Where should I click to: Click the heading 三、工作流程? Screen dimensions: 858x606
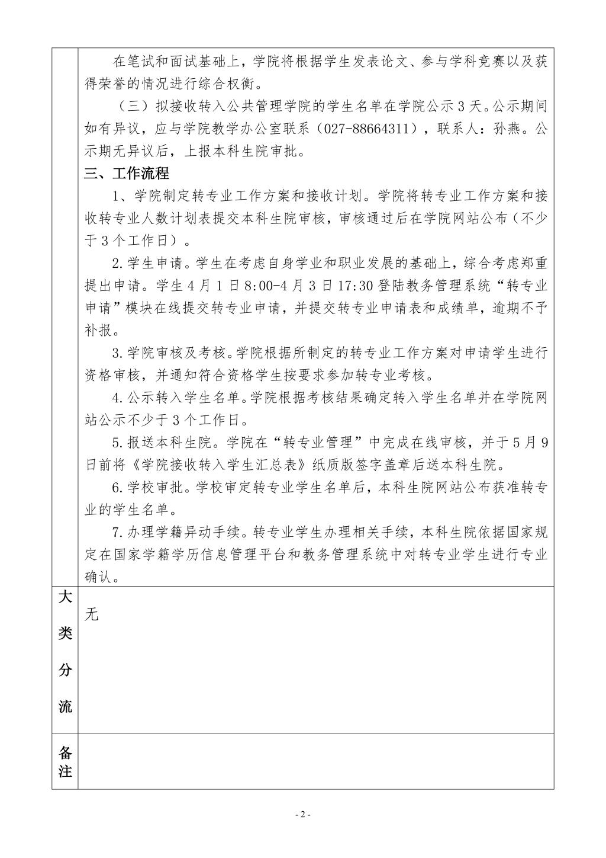127,174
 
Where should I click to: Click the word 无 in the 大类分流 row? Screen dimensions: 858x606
91,614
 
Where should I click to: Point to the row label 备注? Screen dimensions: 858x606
65,762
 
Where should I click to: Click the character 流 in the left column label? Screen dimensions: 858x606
65,706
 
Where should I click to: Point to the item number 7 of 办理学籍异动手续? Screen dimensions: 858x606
117,532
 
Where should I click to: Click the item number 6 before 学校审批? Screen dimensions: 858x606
117,488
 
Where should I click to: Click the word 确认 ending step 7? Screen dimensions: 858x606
98,577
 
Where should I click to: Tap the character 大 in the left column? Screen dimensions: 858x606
65,597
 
